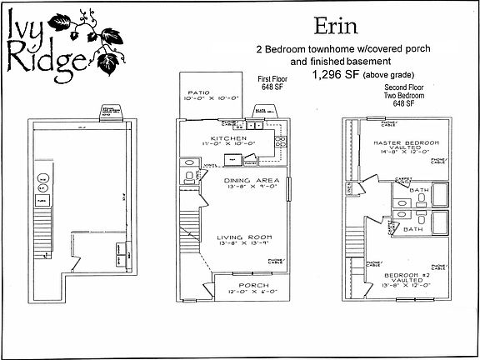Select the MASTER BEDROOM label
point(396,142)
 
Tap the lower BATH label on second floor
point(414,227)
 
